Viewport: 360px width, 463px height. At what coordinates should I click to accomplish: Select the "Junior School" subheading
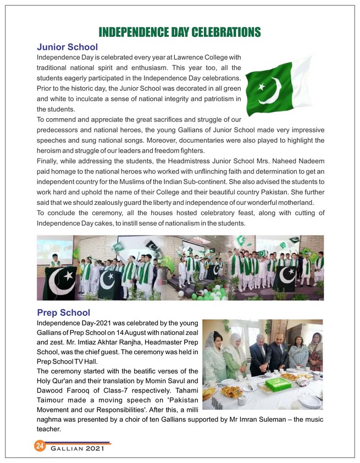(x=67, y=47)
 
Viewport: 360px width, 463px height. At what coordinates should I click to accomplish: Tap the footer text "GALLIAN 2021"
(x=77, y=450)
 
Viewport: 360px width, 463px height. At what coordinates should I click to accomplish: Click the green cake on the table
(x=277, y=383)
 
